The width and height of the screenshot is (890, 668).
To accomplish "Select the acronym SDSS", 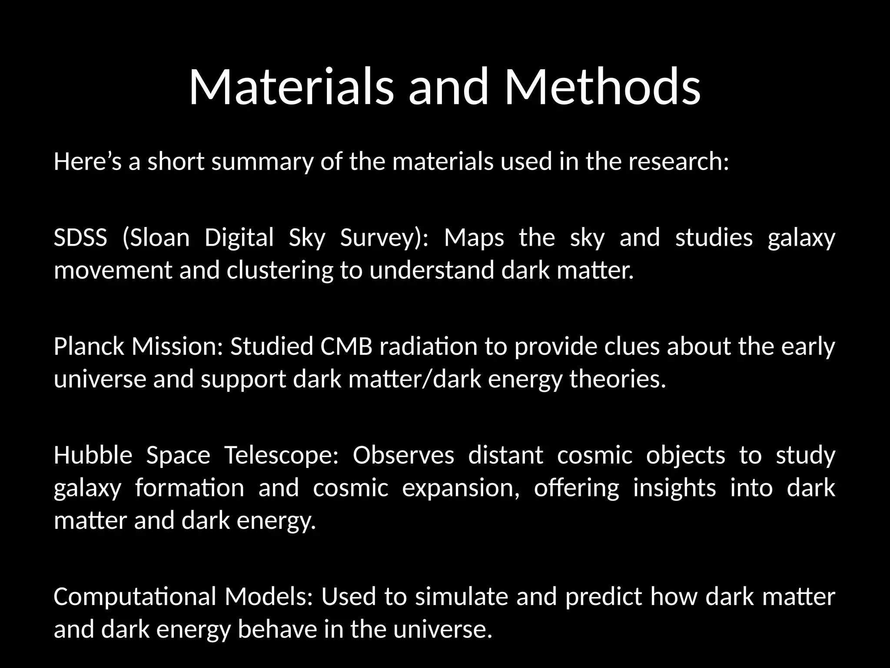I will (80, 238).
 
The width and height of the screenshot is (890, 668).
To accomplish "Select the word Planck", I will (89, 347).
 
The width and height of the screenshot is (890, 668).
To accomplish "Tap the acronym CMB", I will (346, 347).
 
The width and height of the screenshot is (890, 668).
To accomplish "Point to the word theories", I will (618, 379).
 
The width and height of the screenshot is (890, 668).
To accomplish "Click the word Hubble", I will (93, 455).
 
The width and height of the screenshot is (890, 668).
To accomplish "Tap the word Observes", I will (403, 455).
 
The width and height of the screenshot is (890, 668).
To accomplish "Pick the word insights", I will (674, 488).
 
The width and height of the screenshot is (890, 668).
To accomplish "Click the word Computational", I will (135, 597).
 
